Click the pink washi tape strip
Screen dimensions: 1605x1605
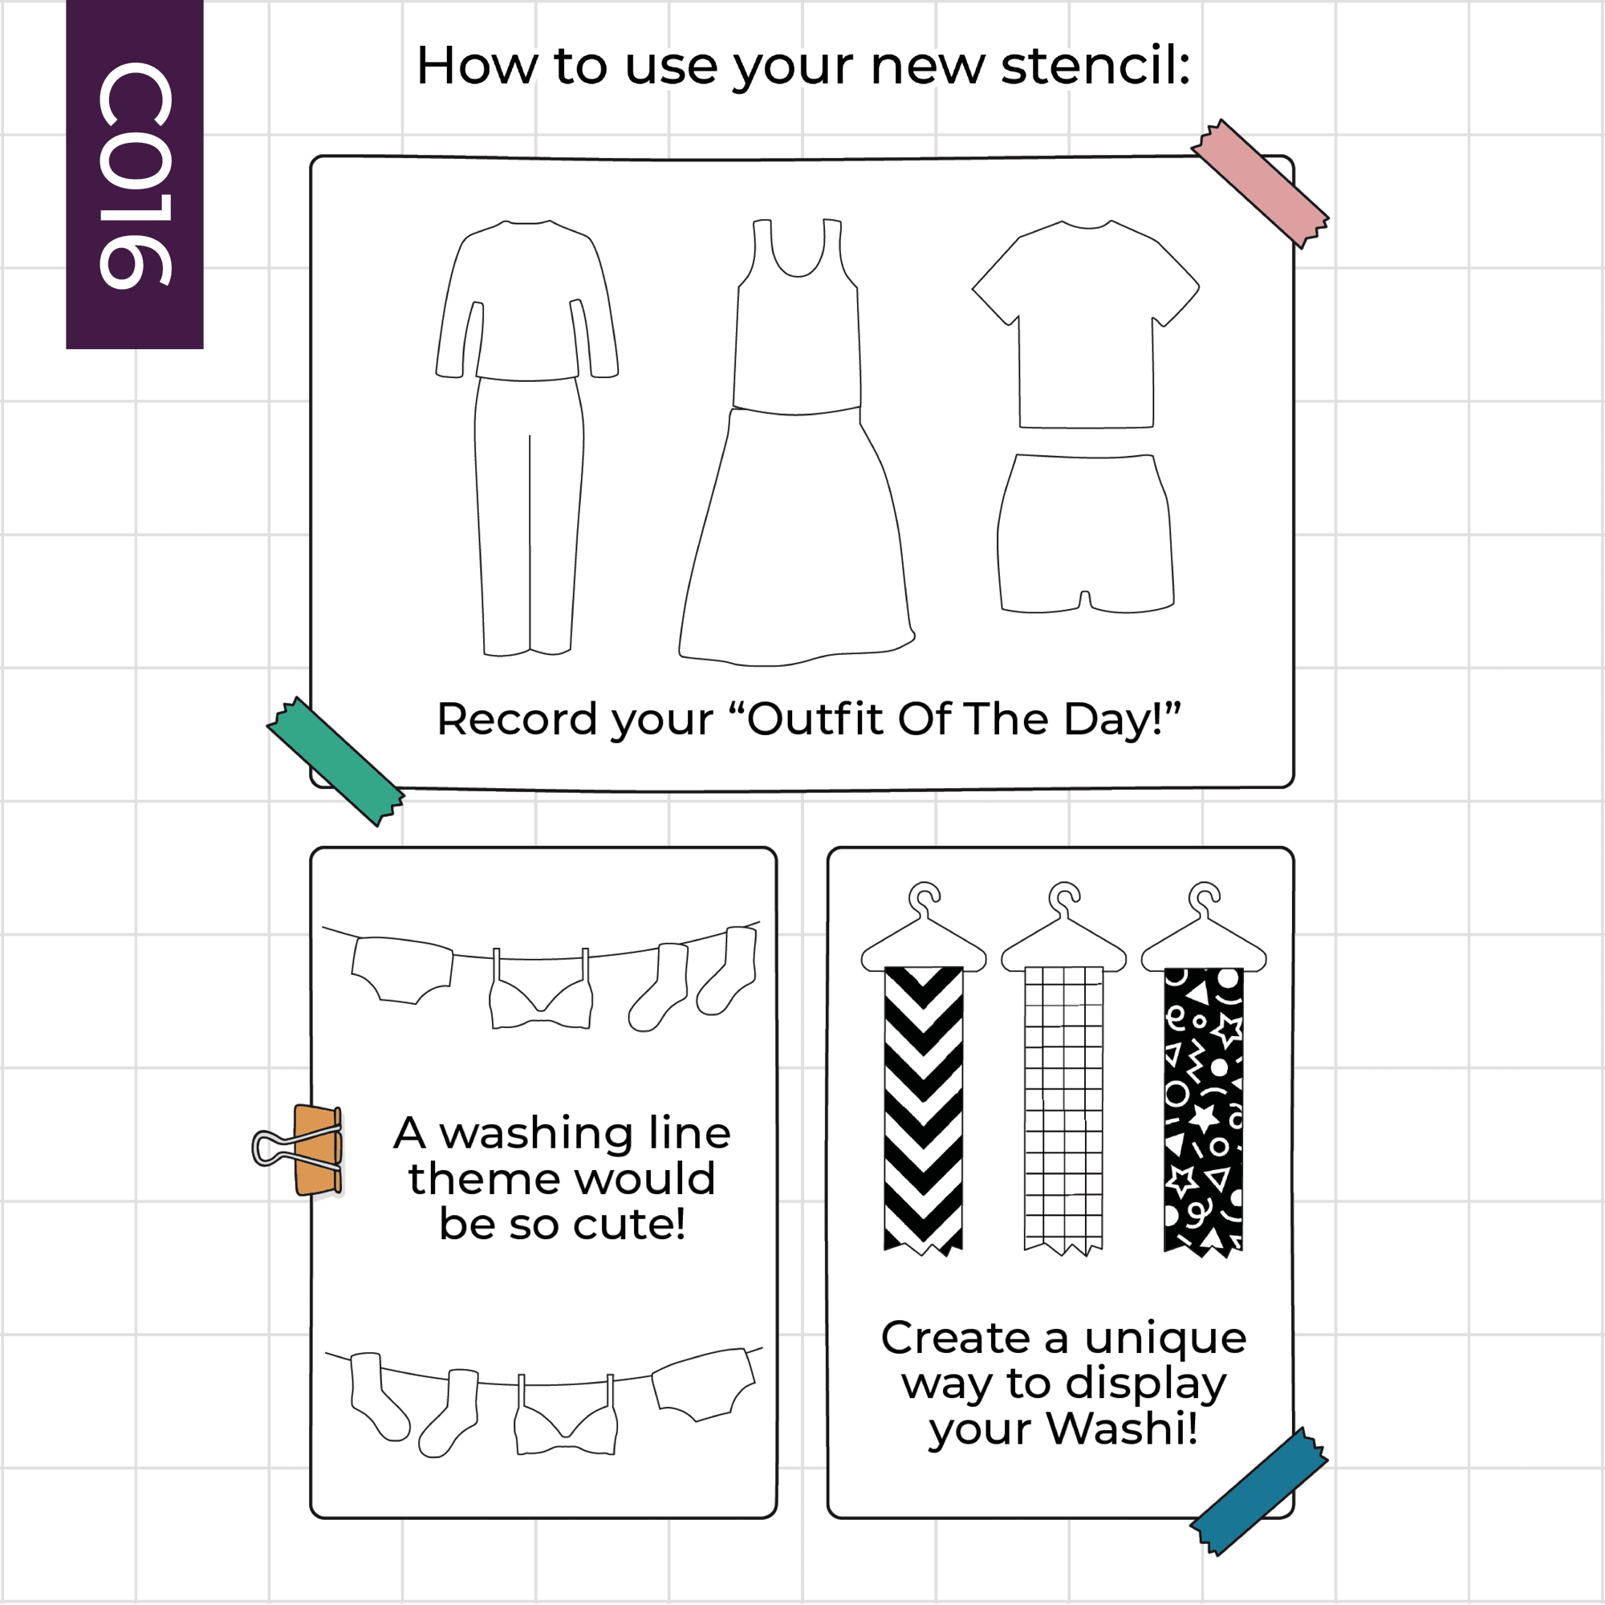pos(1259,184)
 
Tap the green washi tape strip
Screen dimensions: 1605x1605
pos(335,761)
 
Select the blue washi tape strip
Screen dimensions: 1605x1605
pos(1259,1492)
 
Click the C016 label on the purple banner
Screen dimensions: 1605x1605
pos(136,175)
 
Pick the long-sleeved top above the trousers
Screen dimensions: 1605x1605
pos(527,300)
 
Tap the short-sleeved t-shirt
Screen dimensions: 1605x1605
pos(1086,324)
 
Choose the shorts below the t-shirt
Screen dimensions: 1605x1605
pos(1086,534)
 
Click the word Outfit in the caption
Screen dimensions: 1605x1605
pos(816,718)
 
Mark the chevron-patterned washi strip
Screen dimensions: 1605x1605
pos(923,1111)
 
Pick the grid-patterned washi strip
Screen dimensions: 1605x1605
pos(1063,1111)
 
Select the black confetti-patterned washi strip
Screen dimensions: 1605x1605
pos(1204,1111)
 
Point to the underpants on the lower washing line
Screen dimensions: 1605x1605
pos(704,1385)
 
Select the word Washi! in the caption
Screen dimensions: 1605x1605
pos(1122,1428)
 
